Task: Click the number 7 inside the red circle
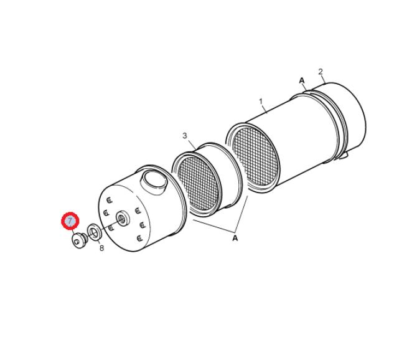[70, 220]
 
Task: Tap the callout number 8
[101, 249]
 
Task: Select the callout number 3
[185, 136]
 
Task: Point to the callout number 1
[261, 102]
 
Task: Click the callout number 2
[321, 72]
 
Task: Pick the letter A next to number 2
[302, 80]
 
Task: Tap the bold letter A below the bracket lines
[235, 238]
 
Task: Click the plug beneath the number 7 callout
[80, 240]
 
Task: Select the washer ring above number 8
[95, 232]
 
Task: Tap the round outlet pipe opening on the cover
[154, 182]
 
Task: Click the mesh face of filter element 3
[199, 182]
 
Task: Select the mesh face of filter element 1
[255, 156]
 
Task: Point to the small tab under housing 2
[344, 156]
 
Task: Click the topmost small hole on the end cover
[110, 200]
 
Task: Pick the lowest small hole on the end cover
[139, 238]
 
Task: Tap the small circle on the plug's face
[77, 242]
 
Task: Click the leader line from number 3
[192, 144]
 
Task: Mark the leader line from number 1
[265, 108]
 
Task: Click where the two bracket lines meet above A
[235, 231]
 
